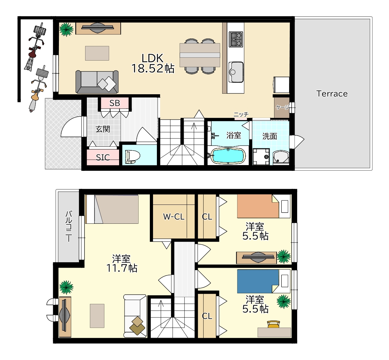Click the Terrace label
[332, 94]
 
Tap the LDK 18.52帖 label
[153, 63]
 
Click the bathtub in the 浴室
[228, 155]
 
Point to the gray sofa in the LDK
[97, 82]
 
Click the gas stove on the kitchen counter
[236, 39]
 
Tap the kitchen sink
[236, 72]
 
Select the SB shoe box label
[115, 103]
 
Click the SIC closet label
[103, 157]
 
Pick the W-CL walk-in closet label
[174, 217]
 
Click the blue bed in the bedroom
[258, 281]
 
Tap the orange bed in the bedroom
[258, 206]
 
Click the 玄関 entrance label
[103, 129]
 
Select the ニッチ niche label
[241, 114]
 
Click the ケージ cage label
[282, 107]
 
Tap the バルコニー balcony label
[69, 226]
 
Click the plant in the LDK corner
[66, 29]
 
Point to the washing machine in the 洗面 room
[261, 156]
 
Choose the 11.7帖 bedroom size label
[122, 268]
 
